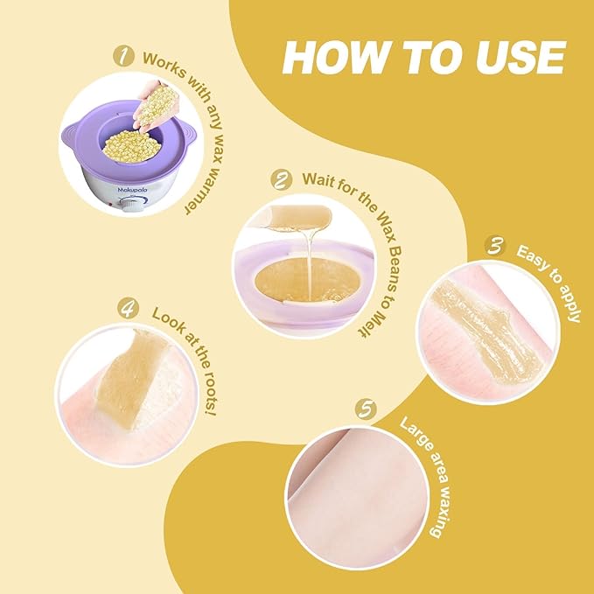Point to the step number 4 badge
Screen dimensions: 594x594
click(129, 308)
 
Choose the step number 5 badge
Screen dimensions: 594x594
click(368, 409)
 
